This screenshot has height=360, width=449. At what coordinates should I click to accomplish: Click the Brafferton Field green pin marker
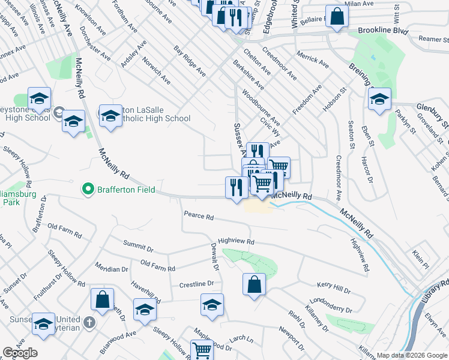(x=88, y=190)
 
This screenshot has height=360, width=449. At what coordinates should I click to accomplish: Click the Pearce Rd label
(x=199, y=215)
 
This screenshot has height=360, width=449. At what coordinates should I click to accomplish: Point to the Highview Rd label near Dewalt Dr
(x=237, y=241)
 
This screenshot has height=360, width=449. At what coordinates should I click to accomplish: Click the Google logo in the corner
(x=20, y=353)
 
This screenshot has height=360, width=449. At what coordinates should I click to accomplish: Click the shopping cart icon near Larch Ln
(x=202, y=350)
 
